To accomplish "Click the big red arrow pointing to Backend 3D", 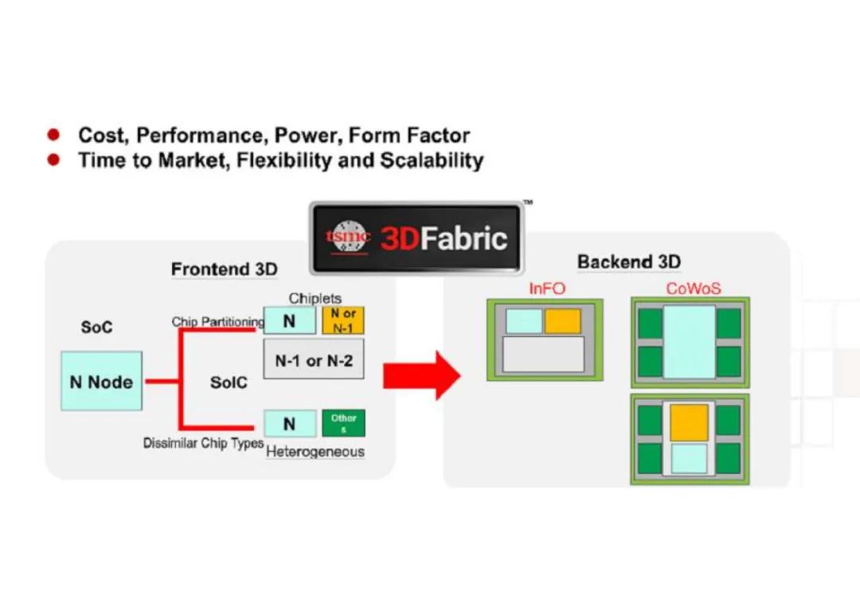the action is click(x=421, y=376).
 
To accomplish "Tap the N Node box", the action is click(x=101, y=382).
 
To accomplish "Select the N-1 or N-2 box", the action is click(x=314, y=359).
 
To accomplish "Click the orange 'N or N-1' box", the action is click(x=342, y=320).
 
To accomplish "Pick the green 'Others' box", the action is click(x=343, y=423).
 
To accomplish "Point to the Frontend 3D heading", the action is click(x=225, y=269).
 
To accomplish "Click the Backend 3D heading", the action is click(x=629, y=262).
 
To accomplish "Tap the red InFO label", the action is click(x=547, y=288).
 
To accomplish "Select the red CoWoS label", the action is click(x=694, y=288).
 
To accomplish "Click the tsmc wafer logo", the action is click(x=348, y=237).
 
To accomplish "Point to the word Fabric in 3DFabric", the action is click(x=463, y=239).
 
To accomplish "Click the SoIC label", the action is click(x=229, y=382).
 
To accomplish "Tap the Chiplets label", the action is click(x=315, y=298).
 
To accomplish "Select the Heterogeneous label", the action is click(x=315, y=452).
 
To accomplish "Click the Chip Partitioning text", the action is click(x=217, y=322).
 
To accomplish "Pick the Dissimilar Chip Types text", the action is click(x=204, y=443).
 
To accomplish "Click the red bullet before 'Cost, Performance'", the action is click(x=53, y=135).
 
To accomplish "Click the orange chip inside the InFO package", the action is click(x=563, y=321).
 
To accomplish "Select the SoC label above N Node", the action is click(x=96, y=327).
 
